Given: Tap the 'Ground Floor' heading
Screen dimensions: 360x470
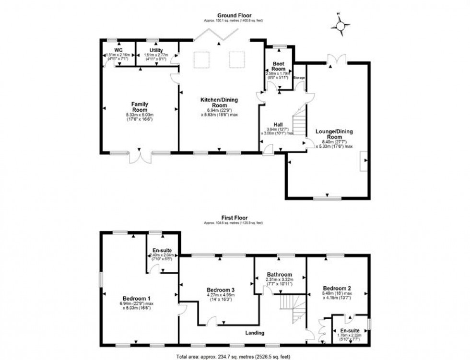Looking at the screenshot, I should coord(235,16).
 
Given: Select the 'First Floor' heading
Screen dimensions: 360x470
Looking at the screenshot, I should coord(235,217).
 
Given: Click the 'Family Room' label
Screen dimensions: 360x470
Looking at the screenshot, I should coord(140,107).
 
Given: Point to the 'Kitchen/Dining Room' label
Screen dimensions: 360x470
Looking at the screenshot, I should coord(219,103).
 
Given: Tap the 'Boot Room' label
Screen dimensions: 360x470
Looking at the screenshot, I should coord(279,66).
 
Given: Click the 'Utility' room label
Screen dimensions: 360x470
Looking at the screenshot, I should coord(156,50).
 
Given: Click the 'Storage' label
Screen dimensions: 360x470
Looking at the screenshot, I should coord(299,77).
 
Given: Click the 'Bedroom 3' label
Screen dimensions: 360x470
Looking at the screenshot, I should coord(220,290).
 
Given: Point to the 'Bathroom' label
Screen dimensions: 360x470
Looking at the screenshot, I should coord(280,275).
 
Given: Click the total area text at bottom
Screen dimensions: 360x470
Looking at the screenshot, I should coord(235,356).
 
